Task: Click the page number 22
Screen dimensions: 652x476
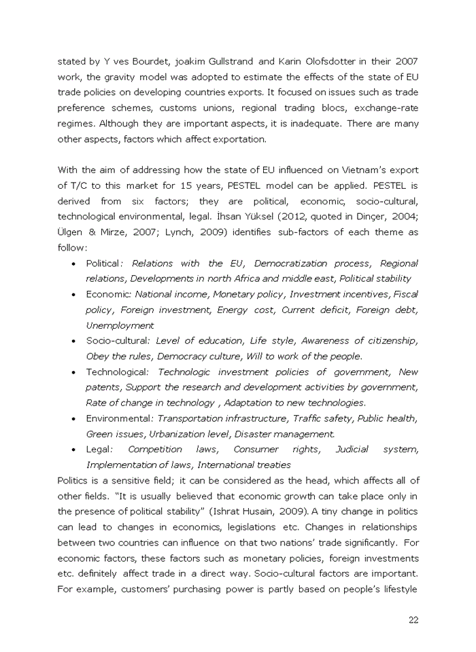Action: tap(413, 619)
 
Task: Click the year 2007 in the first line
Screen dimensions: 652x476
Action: tap(406, 61)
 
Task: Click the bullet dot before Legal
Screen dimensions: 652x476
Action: tap(73, 450)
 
